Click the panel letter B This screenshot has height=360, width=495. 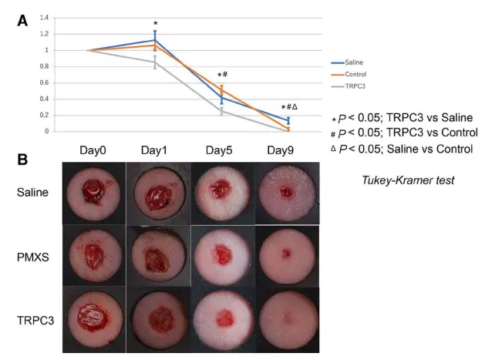pyautogui.click(x=23, y=160)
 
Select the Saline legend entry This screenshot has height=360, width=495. pyautogui.click(x=356, y=61)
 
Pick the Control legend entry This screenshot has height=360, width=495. pyautogui.click(x=358, y=73)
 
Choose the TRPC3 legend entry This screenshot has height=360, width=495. pyautogui.click(x=357, y=86)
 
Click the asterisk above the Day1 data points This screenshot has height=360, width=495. pyautogui.click(x=155, y=24)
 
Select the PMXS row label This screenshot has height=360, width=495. pyautogui.click(x=34, y=257)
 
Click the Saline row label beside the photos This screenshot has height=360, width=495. pyautogui.click(x=34, y=193)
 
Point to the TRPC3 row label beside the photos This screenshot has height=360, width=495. pyautogui.click(x=35, y=319)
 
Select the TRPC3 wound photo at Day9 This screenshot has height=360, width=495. pyautogui.click(x=287, y=319)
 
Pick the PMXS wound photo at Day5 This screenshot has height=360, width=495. pyautogui.click(x=224, y=255)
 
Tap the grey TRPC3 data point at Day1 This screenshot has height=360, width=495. pyautogui.click(x=155, y=62)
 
